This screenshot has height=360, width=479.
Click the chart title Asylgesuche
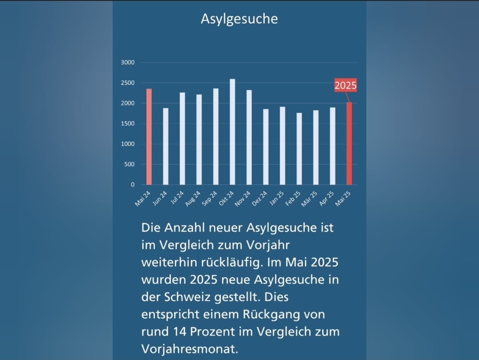(x=239, y=19)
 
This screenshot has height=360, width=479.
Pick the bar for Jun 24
(x=166, y=146)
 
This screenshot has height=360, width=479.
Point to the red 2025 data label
(x=346, y=86)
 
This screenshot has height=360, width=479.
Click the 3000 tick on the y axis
(x=128, y=63)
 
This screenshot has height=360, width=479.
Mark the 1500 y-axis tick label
(x=128, y=124)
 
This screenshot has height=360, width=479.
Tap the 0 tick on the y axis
(x=133, y=184)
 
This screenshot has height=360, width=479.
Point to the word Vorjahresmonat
(x=188, y=348)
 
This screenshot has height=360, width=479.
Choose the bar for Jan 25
(x=283, y=146)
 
